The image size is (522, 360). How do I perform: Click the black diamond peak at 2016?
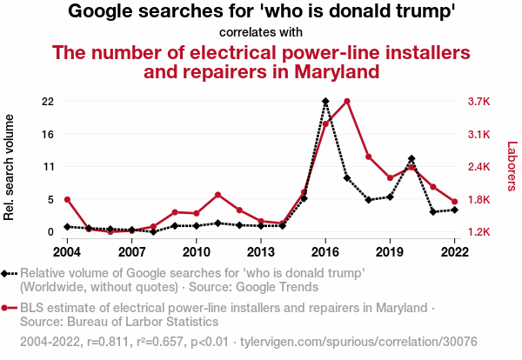click(x=325, y=102)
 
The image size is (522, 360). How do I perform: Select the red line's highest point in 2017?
click(x=347, y=102)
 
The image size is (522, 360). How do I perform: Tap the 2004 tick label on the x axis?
click(x=67, y=251)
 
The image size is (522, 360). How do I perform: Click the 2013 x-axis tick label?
click(x=261, y=251)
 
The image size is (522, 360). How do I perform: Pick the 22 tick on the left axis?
click(x=48, y=102)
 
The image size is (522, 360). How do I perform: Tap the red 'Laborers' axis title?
click(x=512, y=168)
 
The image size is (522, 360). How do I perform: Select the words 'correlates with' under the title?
click(x=261, y=32)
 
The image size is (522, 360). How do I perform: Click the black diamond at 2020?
click(x=412, y=159)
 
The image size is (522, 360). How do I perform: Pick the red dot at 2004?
click(x=67, y=200)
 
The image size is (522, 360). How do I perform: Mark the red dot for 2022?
click(x=454, y=202)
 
